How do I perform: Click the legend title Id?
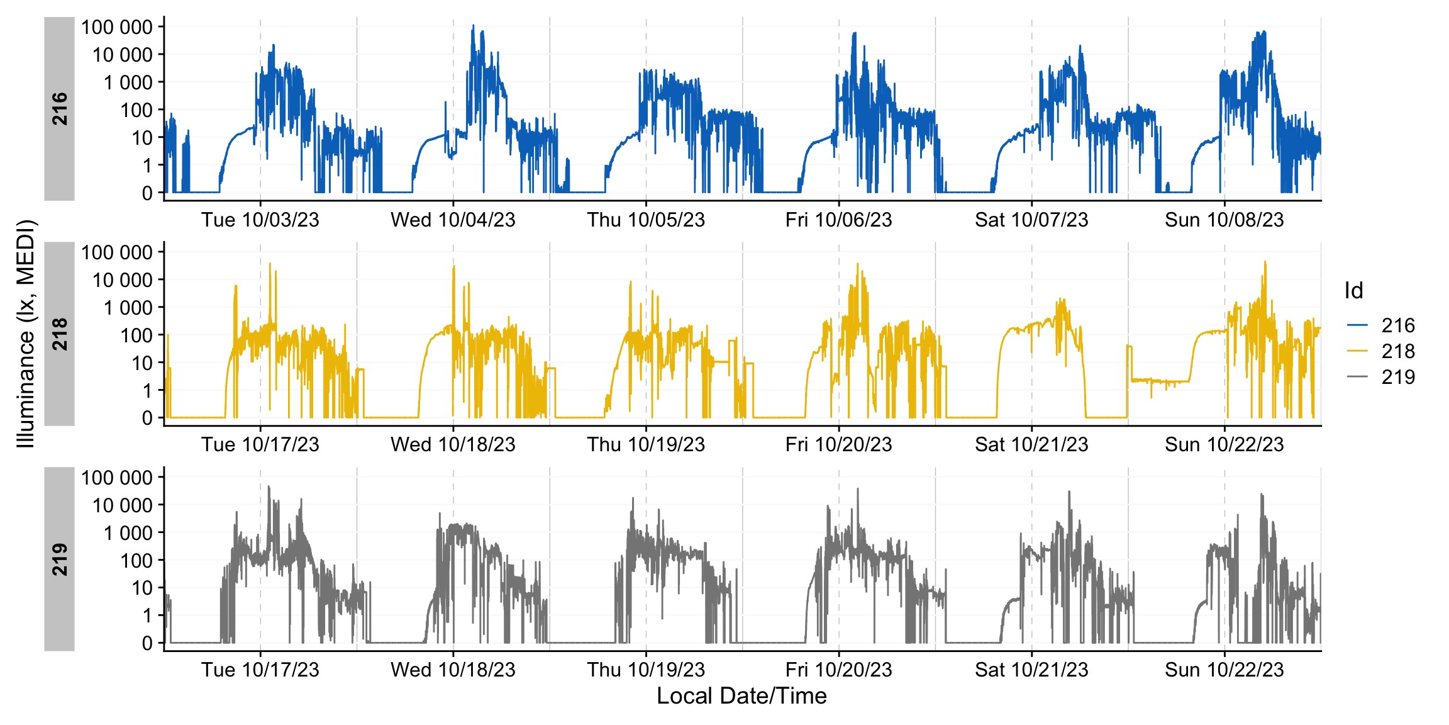1353,291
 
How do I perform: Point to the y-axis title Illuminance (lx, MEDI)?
26,334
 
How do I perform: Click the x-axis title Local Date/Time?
741,696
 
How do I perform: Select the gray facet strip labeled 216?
59,108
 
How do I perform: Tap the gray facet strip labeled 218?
59,334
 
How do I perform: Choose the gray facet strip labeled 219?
59,559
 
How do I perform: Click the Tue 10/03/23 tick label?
260,220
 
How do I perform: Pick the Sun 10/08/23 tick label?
1224,220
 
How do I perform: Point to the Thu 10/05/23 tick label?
646,220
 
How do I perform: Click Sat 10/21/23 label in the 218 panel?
1031,444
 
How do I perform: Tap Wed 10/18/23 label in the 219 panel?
453,670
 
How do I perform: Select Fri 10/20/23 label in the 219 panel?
838,670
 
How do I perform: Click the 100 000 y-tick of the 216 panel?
117,27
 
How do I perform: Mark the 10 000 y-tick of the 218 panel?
123,280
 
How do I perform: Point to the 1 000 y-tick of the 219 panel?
128,533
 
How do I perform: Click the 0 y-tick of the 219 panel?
147,643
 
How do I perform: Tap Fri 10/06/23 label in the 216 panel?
838,220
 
